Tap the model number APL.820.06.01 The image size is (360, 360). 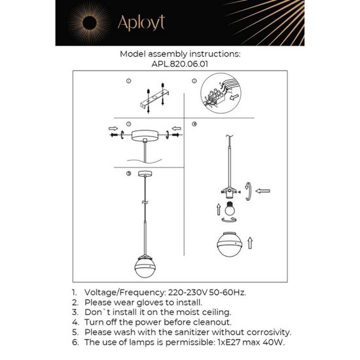point(180,65)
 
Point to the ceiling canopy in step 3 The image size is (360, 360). point(145,135)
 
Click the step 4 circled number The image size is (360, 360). point(194,124)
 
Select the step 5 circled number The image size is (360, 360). point(129,173)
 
